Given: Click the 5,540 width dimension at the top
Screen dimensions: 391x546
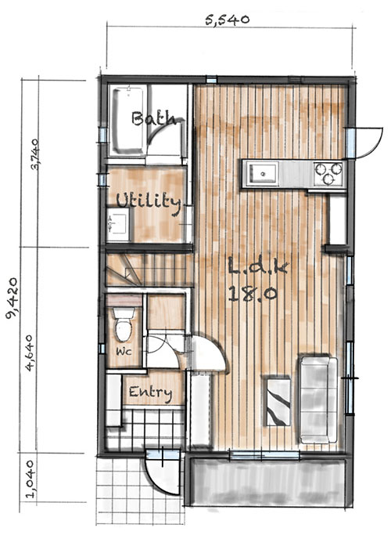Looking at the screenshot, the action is [x=228, y=20].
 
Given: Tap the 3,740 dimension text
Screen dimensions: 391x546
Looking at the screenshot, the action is [x=35, y=154].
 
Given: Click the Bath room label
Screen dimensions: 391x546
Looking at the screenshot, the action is [x=153, y=118].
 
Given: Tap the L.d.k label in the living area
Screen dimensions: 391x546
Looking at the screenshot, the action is [x=258, y=266].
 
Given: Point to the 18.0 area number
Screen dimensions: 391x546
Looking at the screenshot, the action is [x=253, y=295].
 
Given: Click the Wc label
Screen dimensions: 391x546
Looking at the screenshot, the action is [x=124, y=352].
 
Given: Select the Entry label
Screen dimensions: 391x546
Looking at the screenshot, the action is [x=150, y=393].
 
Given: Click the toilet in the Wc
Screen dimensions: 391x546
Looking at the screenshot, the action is [x=124, y=324].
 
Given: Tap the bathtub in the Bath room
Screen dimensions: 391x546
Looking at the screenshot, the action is [x=127, y=121].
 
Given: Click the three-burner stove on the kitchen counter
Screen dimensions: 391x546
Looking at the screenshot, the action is [x=328, y=173].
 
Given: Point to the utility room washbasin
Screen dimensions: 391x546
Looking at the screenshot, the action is [x=117, y=224].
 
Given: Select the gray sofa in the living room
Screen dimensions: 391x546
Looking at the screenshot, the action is [x=319, y=399].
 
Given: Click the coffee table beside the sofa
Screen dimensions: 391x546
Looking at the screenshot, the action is [x=278, y=401].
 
